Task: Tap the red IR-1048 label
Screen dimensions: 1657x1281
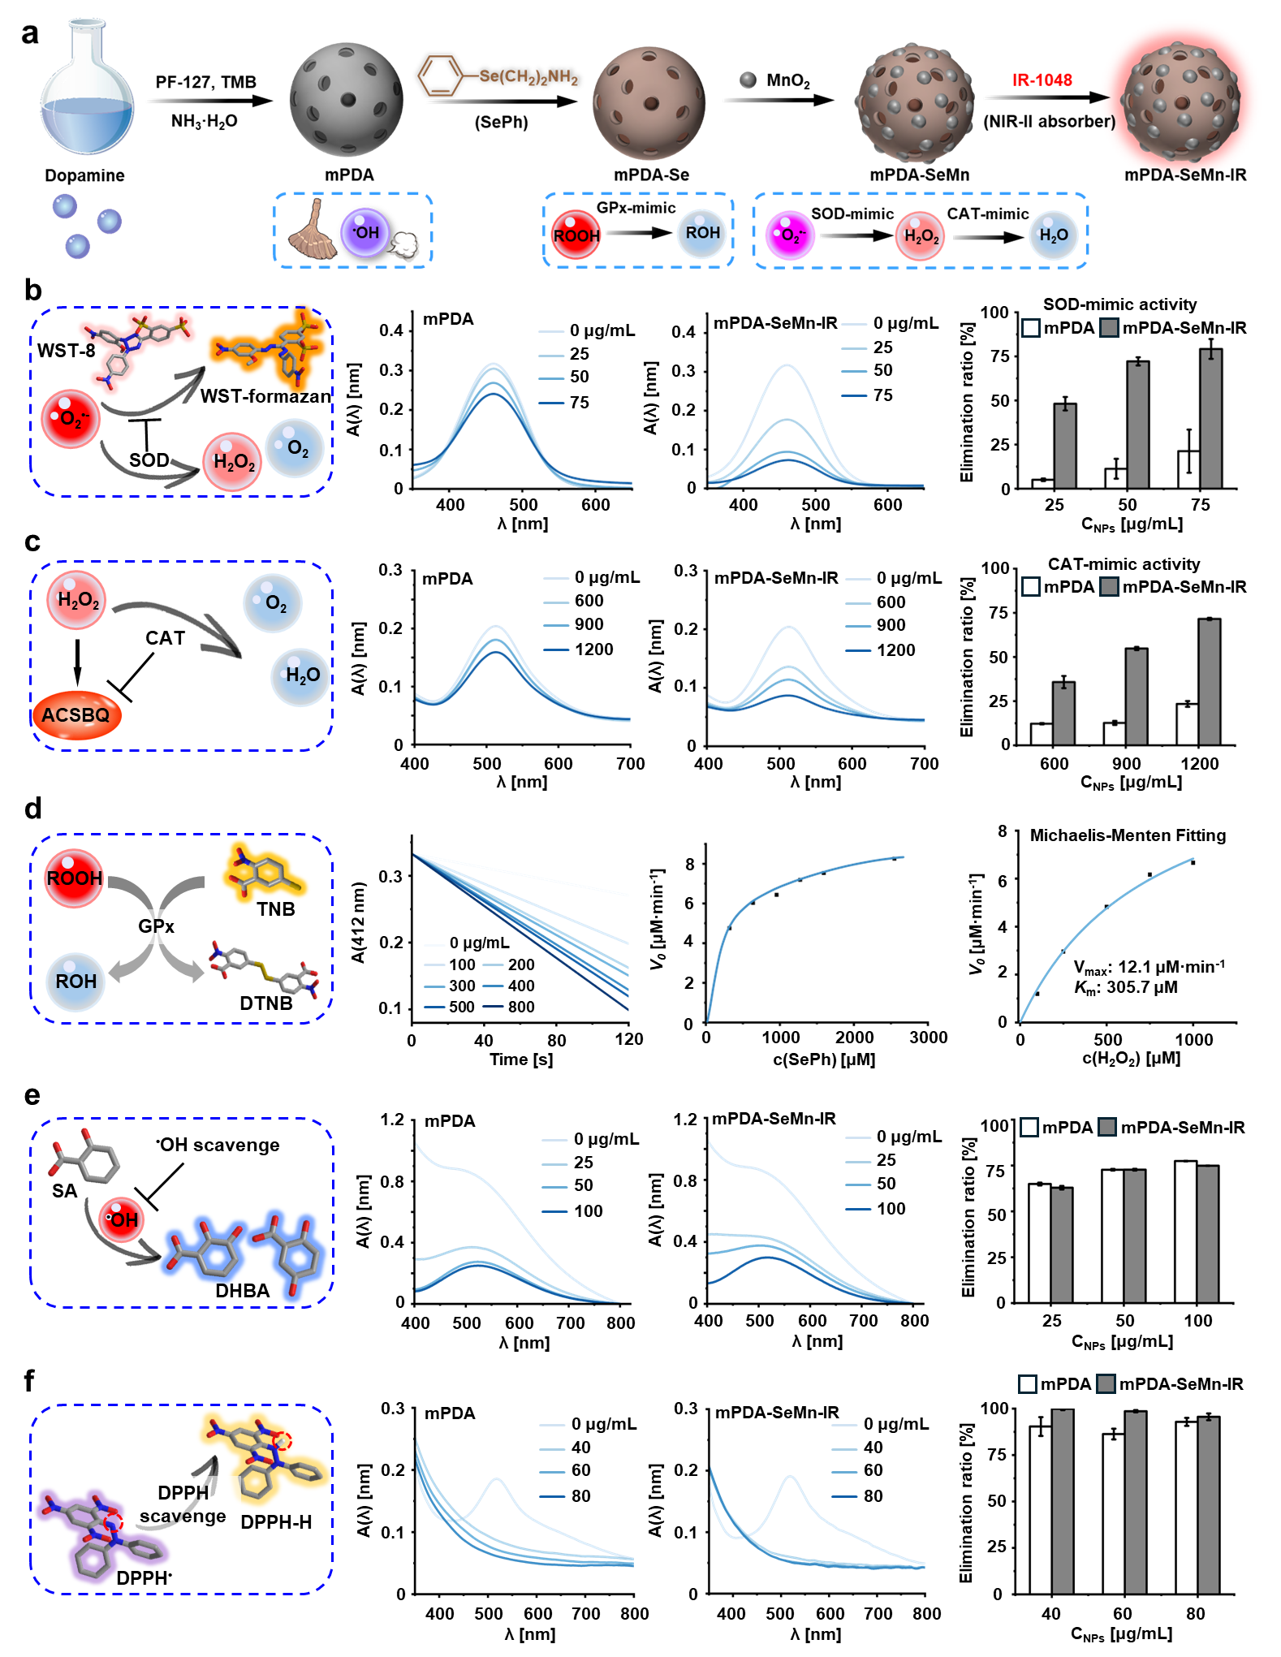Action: click(1042, 80)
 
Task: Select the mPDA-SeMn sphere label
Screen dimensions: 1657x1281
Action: click(919, 175)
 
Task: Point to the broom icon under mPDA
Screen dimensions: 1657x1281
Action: click(313, 231)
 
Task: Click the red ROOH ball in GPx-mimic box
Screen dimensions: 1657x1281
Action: click(576, 235)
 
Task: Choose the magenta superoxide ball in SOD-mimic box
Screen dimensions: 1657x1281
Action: click(789, 235)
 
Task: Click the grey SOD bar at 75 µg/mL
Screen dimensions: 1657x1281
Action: click(1210, 418)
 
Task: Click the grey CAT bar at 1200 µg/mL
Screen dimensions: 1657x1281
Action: click(1209, 682)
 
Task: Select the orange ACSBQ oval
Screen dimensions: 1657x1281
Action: click(76, 715)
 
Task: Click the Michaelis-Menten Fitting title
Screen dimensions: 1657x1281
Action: click(1128, 835)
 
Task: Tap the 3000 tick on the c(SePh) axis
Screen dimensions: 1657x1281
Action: click(928, 1038)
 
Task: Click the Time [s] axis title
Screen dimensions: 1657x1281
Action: click(521, 1059)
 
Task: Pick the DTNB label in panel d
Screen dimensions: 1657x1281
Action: click(265, 1003)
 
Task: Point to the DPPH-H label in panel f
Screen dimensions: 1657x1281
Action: click(276, 1522)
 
